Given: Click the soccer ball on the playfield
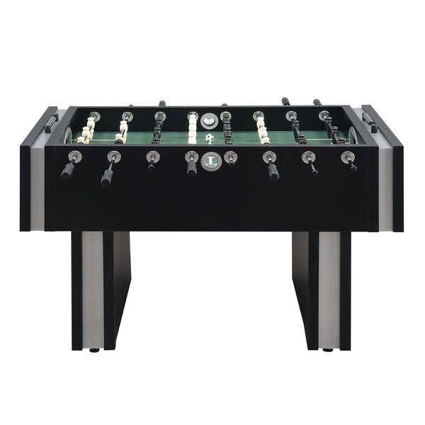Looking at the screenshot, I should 209,139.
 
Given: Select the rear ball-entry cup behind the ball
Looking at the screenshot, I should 208,119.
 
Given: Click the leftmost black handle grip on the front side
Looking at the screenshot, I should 68,170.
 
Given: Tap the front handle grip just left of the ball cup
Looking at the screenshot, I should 191,168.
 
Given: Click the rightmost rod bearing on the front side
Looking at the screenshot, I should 346,157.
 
